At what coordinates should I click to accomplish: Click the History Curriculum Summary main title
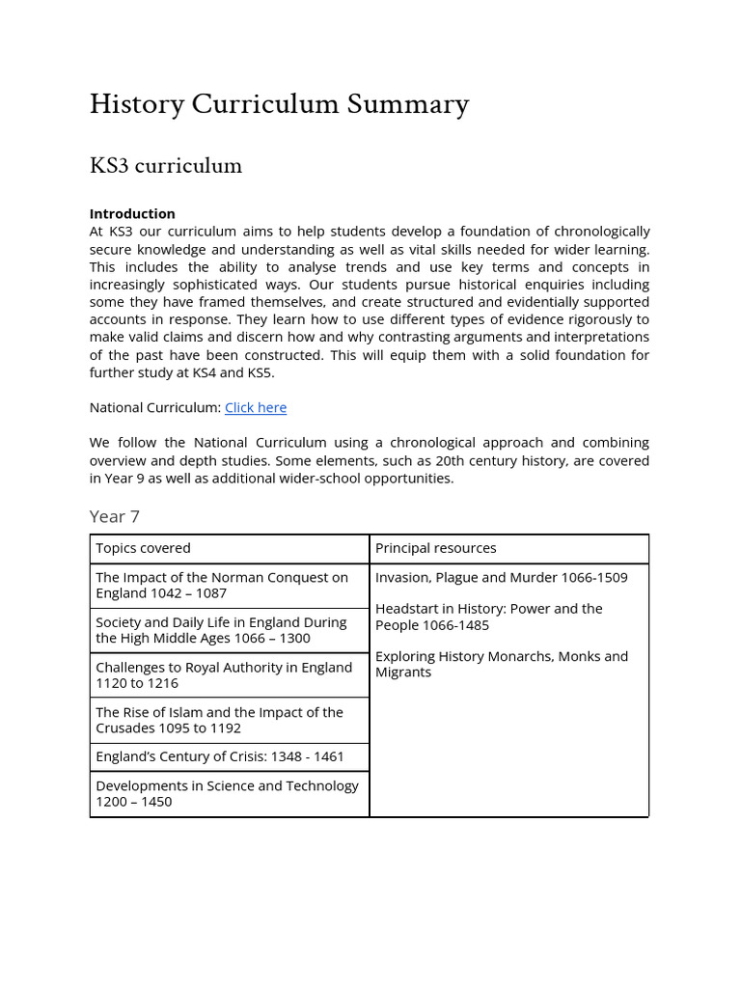(279, 104)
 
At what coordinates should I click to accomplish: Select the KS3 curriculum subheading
(165, 166)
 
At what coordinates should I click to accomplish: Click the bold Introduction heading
(132, 213)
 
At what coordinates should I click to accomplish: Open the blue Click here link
(256, 407)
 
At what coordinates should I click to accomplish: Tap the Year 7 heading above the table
(115, 516)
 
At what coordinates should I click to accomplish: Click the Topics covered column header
(143, 548)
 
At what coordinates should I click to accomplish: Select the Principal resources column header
(435, 548)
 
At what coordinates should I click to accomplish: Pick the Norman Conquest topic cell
(222, 585)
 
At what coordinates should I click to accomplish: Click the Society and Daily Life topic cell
(221, 630)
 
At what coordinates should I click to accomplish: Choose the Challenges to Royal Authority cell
(224, 674)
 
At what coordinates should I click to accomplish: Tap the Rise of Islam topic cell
(219, 720)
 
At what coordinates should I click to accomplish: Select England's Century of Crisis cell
(219, 757)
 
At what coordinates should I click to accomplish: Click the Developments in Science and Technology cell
(227, 793)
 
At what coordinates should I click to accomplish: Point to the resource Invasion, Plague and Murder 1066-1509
(501, 577)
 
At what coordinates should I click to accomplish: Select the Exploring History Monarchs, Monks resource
(501, 664)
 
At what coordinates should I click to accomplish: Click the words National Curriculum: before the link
(155, 407)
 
